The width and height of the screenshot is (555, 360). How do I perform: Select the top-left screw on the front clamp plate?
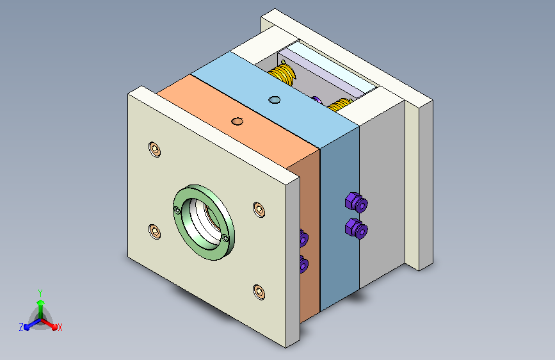154,149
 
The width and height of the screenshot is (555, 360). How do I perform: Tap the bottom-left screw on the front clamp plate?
154,230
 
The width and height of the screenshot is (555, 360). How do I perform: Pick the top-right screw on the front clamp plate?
258,209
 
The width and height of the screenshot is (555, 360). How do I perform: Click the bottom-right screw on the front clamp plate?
259,292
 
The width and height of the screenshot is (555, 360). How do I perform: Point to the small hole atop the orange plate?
237,121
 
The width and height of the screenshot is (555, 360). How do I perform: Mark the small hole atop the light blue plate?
275,99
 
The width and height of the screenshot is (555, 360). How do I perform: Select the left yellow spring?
284,74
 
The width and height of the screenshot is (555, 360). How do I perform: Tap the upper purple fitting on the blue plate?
356,203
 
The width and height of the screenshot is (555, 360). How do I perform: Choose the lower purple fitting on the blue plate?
356,227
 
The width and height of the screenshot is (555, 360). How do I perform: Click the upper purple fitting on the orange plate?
303,238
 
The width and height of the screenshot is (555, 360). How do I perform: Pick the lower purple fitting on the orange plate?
303,263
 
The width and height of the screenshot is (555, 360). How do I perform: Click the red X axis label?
60,327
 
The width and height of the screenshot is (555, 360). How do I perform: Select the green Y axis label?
40,292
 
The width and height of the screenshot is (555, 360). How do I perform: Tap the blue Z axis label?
21,327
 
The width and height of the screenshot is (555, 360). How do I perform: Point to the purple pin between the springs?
316,99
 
